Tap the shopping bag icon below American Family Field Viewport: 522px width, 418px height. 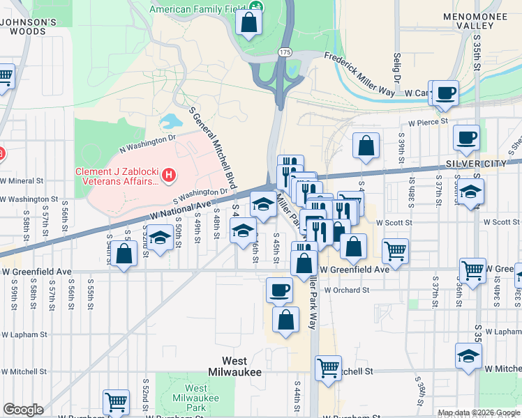pos(249,23)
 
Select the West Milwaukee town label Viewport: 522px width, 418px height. pos(241,366)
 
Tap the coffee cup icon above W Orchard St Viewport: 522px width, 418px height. pos(279,289)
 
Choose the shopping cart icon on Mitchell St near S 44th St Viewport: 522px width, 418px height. pos(328,367)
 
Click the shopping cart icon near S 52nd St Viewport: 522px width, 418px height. pos(116,401)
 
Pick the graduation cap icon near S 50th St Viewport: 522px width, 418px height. pos(160,237)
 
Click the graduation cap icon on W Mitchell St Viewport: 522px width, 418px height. pos(468,355)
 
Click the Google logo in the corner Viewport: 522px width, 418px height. pos(22,410)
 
